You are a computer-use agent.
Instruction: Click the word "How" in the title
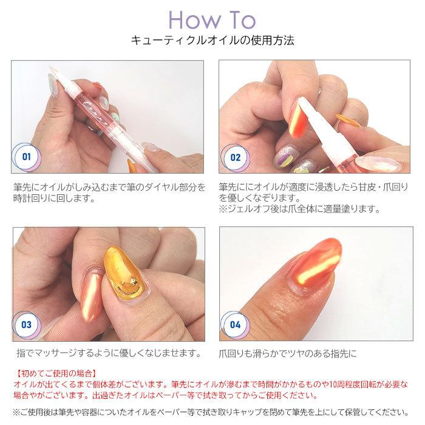191,20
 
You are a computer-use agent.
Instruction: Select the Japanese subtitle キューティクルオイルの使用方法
212,42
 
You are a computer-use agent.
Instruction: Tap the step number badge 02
236,157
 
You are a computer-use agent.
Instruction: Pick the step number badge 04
236,324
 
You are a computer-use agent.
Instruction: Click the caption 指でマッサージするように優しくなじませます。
109,353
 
